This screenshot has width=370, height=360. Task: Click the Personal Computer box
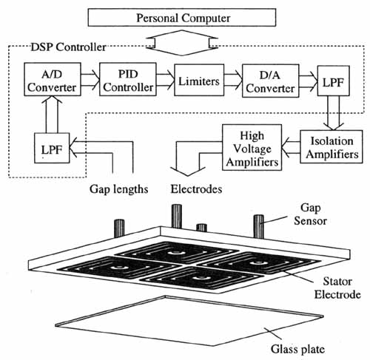click(182, 17)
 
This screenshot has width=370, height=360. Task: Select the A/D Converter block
click(53, 79)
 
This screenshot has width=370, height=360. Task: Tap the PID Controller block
click(128, 79)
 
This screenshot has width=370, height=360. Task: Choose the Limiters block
click(199, 80)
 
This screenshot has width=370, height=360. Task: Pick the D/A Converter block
click(271, 81)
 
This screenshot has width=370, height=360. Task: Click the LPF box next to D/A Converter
click(333, 81)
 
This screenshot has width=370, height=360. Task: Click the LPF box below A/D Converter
click(52, 148)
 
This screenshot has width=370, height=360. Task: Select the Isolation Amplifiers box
click(332, 147)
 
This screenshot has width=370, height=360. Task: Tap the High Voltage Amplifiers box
click(252, 147)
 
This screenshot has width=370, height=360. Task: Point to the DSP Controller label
click(68, 47)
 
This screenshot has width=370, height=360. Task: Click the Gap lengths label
click(118, 189)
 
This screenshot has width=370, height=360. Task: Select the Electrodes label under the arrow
click(196, 189)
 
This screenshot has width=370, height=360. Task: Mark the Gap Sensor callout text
click(310, 214)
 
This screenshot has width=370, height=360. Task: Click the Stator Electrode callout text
click(337, 288)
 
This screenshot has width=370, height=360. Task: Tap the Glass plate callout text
click(297, 349)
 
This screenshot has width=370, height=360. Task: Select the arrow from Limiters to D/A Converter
click(233, 80)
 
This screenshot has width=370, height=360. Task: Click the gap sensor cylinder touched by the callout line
click(259, 227)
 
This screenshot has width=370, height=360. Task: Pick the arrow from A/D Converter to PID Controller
click(90, 80)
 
